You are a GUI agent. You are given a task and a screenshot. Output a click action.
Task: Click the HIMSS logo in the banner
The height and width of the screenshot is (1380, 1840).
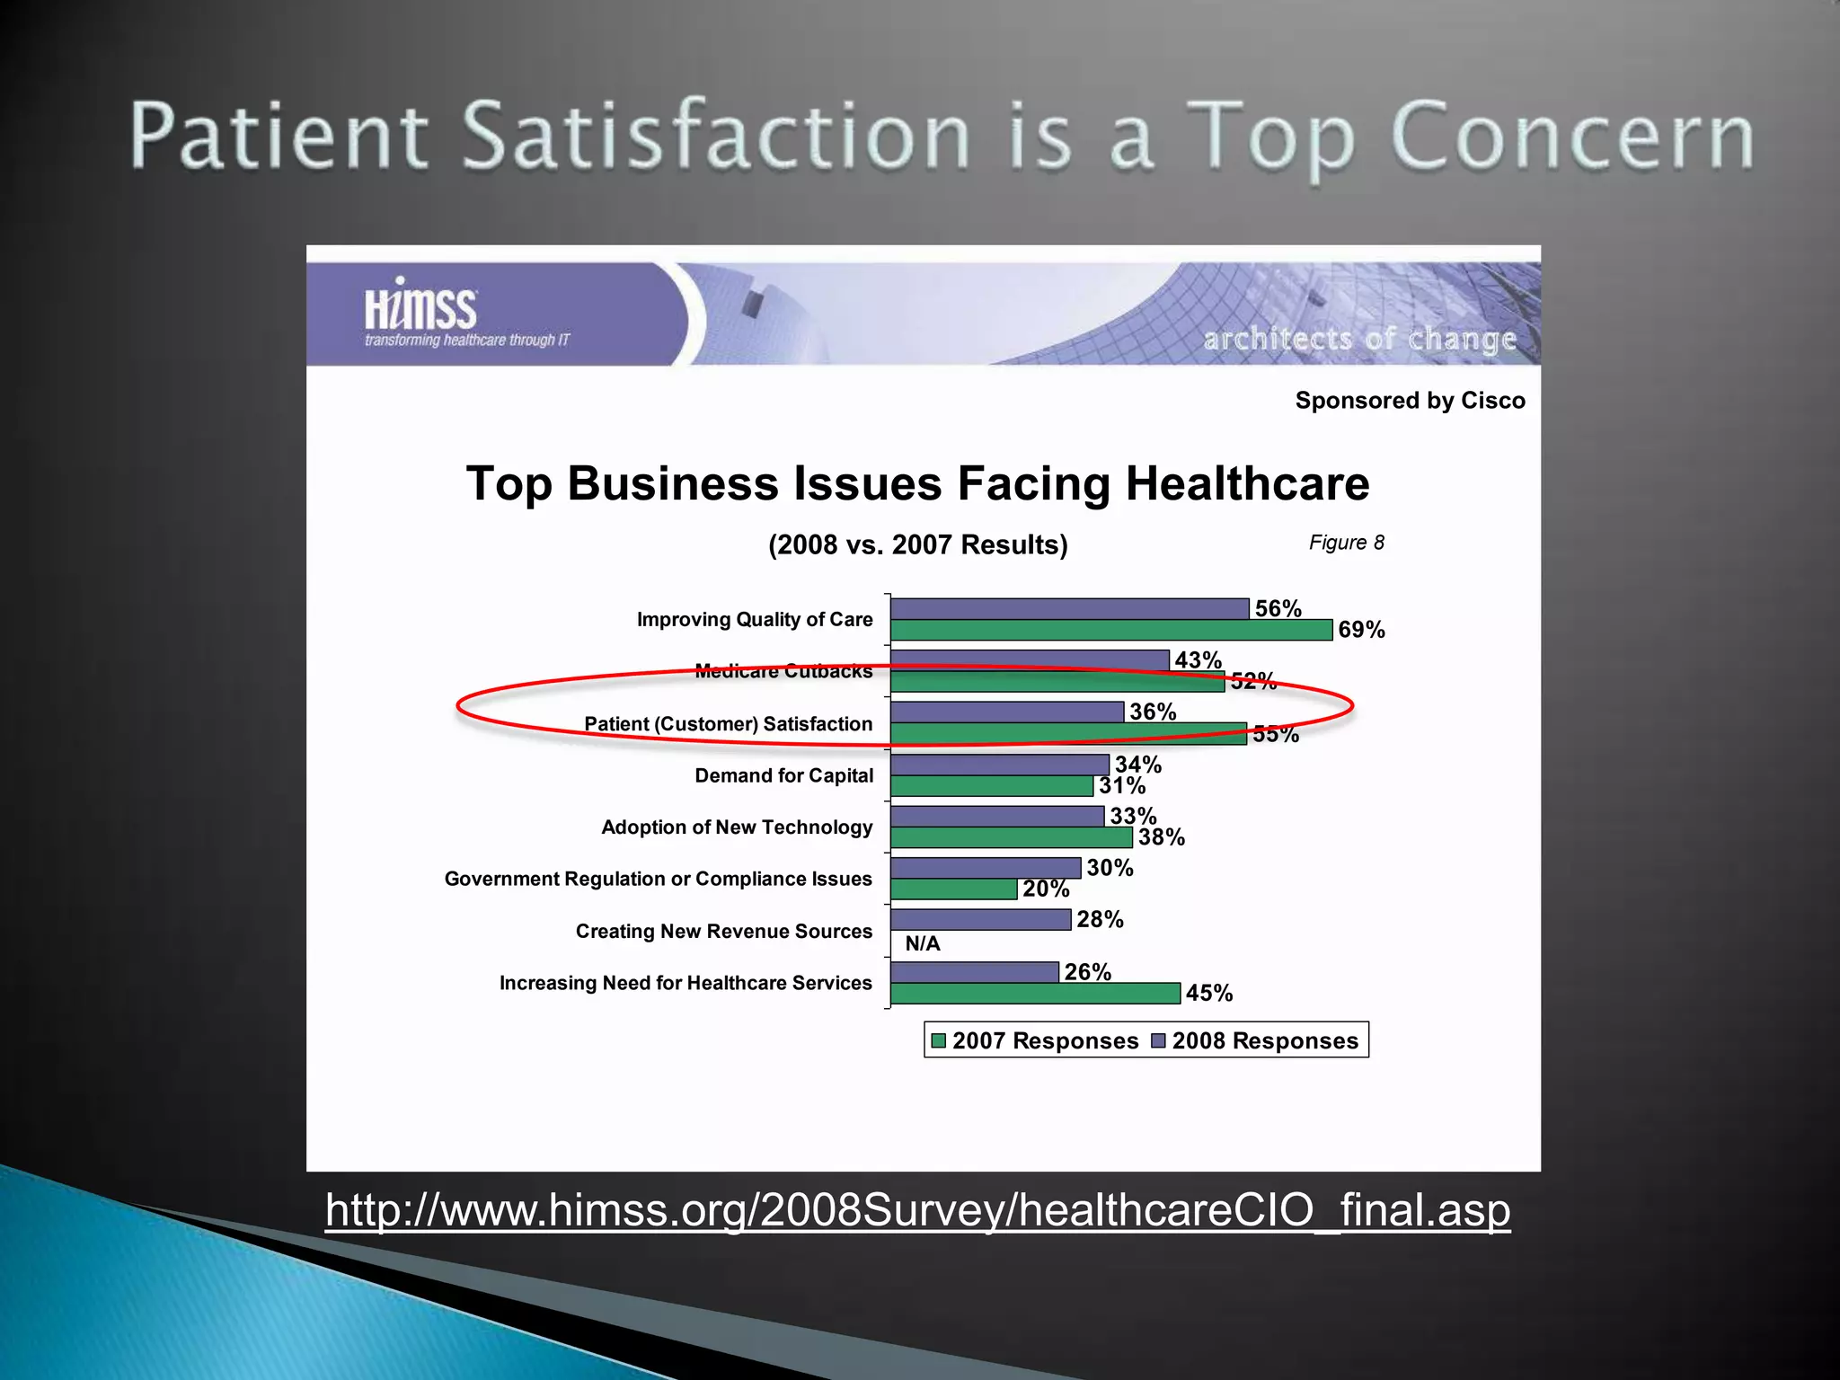pos(420,310)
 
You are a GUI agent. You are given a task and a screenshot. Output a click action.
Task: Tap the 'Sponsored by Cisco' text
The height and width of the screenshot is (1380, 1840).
pos(1410,401)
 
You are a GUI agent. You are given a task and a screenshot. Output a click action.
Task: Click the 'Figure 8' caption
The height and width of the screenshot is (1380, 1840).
pos(1346,543)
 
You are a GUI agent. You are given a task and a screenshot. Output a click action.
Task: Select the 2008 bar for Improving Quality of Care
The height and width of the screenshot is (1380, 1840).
pos(1069,608)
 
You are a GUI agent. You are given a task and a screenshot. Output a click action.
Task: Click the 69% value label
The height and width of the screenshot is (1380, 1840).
pos(1361,630)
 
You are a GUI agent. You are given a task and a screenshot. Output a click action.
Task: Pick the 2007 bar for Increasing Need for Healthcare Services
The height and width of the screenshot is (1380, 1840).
pos(1035,993)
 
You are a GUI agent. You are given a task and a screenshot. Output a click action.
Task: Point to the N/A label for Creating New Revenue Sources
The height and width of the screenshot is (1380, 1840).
pos(923,943)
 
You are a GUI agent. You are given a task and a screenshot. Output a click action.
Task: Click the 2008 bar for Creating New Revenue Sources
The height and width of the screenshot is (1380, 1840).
pos(980,919)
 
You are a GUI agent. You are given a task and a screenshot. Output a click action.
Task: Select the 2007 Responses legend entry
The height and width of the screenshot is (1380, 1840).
pos(1035,1040)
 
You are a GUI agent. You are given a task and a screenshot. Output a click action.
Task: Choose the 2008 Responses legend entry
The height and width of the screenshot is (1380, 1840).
pos(1255,1040)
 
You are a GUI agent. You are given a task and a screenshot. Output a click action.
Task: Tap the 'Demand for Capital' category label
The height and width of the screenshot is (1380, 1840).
pos(783,775)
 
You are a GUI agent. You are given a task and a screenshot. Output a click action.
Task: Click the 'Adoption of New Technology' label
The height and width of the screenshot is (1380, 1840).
pos(737,827)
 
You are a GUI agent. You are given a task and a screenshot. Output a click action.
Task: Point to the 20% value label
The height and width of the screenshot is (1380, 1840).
pos(1046,889)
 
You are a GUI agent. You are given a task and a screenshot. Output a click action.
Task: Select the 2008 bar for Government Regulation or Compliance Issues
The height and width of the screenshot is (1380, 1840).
pos(986,868)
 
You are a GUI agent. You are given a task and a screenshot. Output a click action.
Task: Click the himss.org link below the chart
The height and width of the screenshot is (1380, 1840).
pos(917,1209)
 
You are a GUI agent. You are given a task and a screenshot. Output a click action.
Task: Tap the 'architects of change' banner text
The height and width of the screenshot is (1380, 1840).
pos(1359,339)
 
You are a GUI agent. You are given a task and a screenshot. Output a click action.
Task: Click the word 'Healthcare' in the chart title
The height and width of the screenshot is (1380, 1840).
pos(1247,483)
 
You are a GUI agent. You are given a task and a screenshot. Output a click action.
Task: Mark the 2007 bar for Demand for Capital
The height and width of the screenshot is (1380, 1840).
pos(992,786)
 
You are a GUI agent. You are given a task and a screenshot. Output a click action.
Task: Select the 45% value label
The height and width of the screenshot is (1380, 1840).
pos(1208,993)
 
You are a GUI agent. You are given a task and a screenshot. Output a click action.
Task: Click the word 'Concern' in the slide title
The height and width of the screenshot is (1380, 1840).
pos(1572,137)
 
